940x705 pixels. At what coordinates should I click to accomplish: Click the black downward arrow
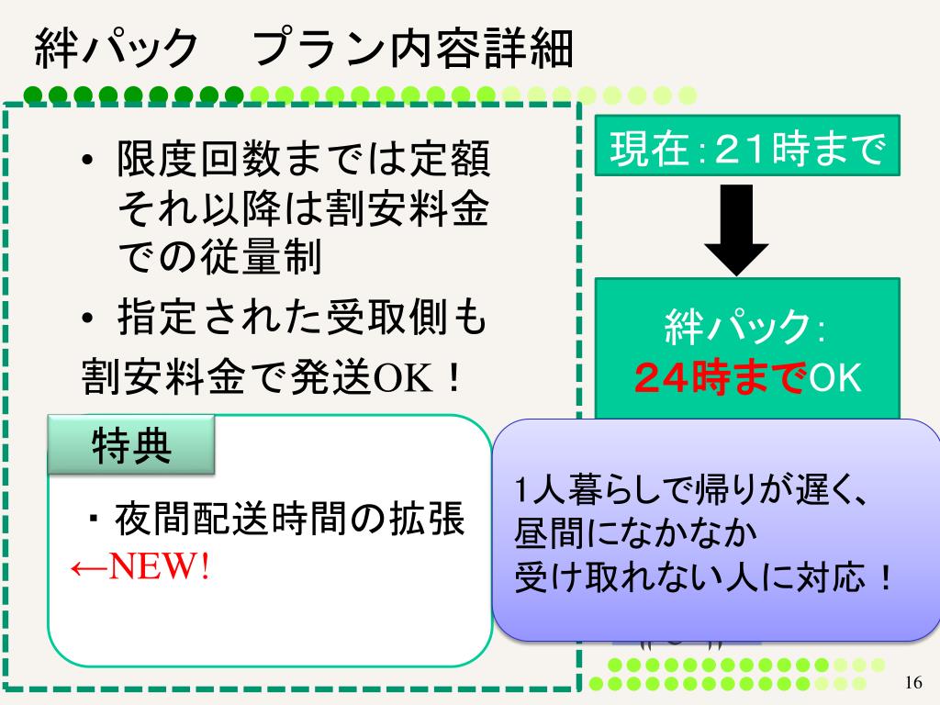[x=735, y=228]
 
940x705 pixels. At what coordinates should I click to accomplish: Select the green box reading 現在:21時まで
[x=746, y=146]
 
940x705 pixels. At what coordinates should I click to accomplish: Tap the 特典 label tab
[x=130, y=445]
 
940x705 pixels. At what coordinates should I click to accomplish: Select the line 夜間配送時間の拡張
[x=288, y=520]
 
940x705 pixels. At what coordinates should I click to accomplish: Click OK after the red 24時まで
[x=834, y=377]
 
